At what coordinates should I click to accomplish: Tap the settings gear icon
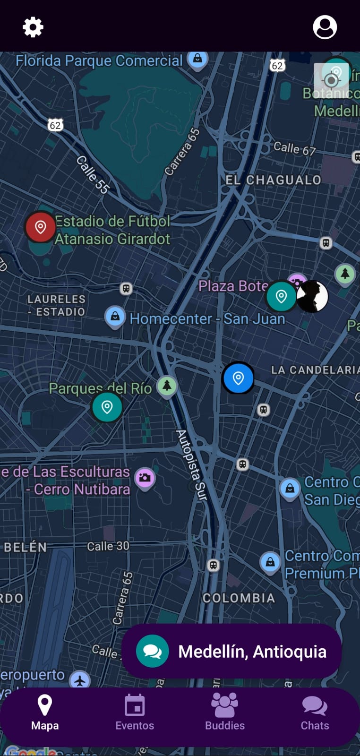[33, 27]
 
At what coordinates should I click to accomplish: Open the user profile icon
[325, 27]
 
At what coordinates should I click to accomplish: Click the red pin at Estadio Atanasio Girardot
[40, 227]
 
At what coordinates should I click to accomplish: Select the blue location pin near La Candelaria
[238, 378]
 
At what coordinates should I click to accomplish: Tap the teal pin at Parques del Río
[107, 407]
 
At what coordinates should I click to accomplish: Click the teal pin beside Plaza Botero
[281, 296]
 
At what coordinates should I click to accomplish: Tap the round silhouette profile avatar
[312, 297]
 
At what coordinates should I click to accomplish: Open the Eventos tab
[135, 713]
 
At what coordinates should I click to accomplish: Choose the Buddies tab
[225, 713]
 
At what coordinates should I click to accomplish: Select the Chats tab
[315, 713]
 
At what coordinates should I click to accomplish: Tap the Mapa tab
[45, 713]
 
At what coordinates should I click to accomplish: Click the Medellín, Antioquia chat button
[231, 651]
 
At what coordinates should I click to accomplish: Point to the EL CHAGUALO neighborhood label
[273, 180]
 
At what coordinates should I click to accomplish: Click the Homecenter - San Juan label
[207, 319]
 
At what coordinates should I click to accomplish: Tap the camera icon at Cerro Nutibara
[145, 478]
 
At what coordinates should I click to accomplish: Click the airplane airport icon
[80, 681]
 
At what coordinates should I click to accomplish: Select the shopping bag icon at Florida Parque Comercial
[197, 59]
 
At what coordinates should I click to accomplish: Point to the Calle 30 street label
[108, 546]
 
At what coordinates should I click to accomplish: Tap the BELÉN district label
[26, 547]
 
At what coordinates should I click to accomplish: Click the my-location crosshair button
[332, 80]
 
